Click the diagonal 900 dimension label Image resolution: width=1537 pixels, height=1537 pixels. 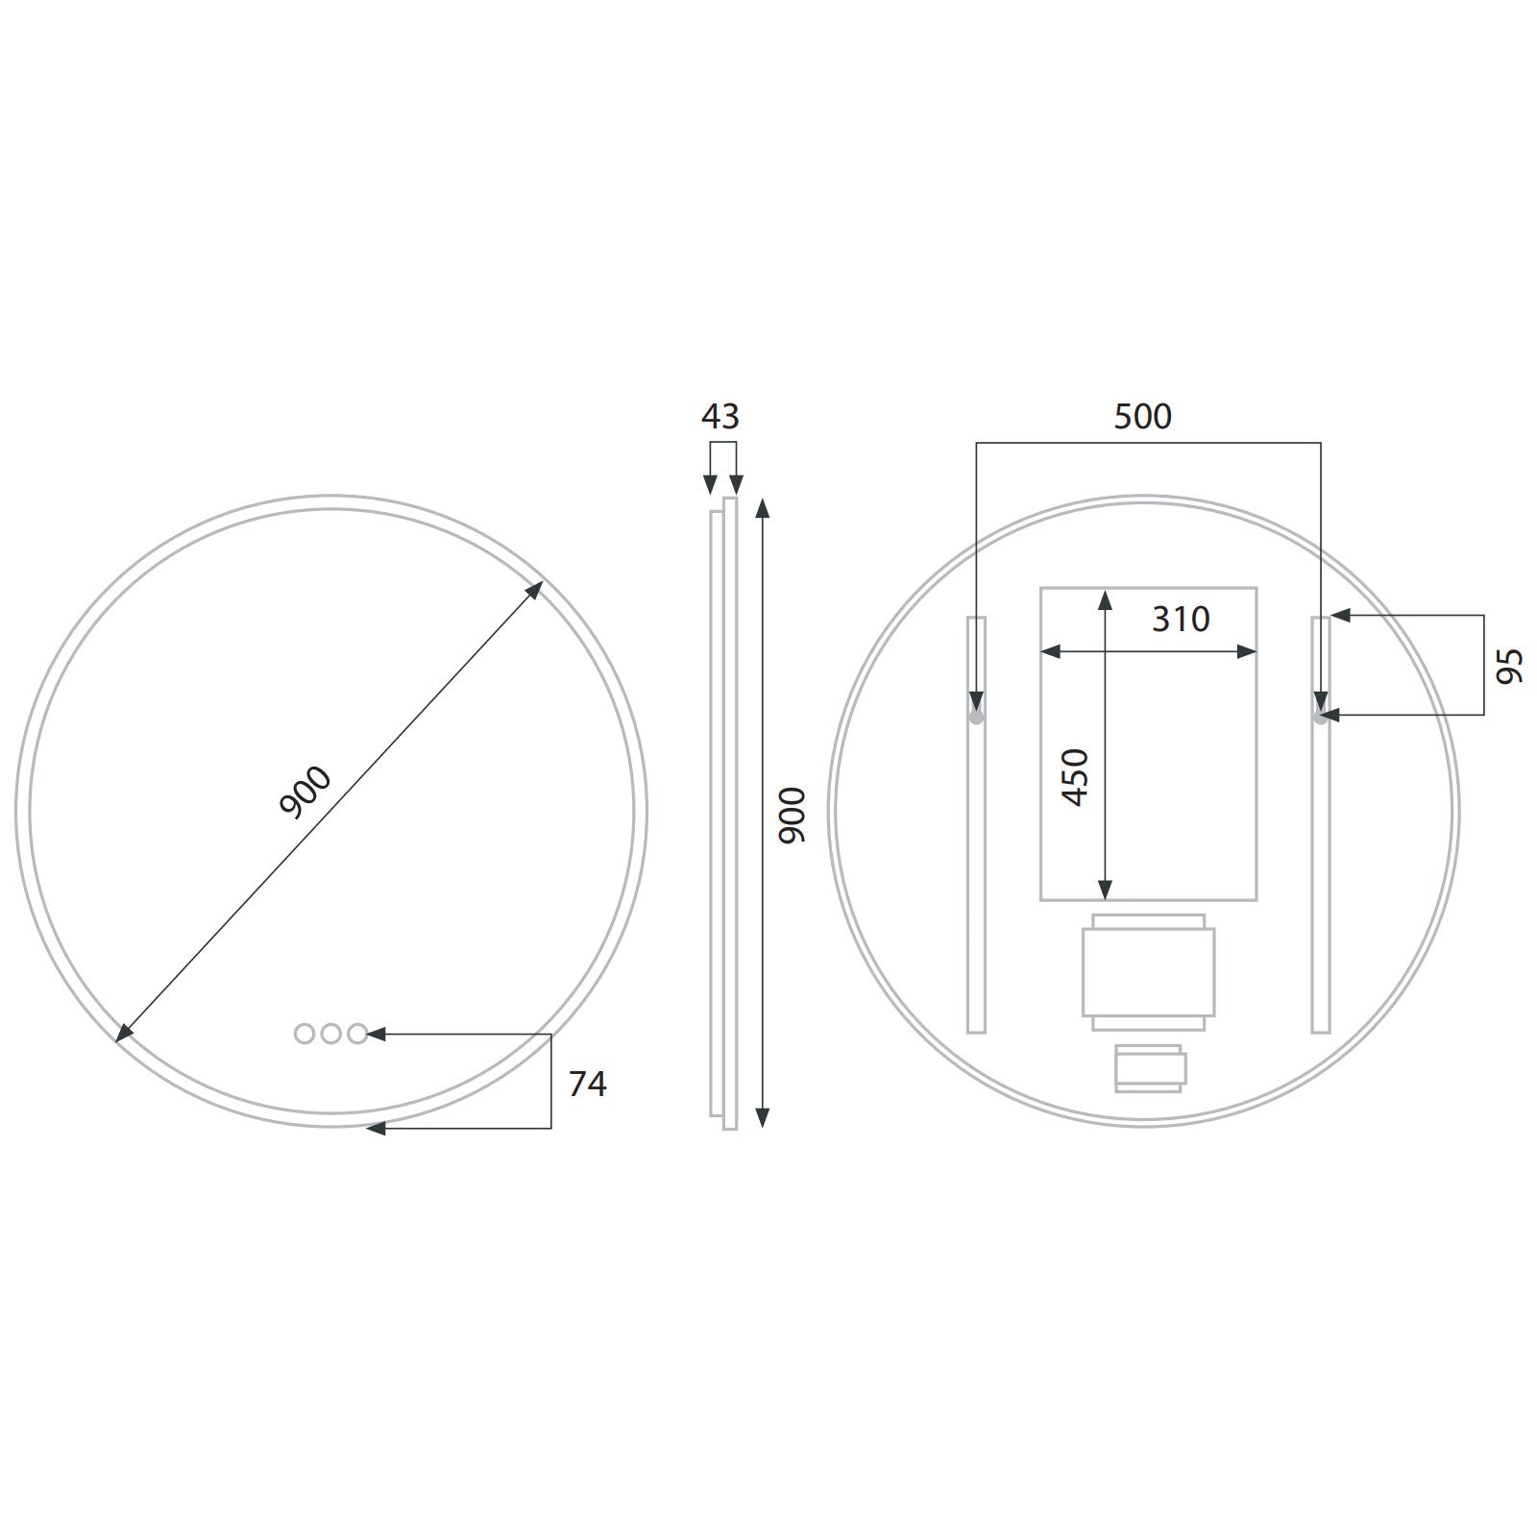(x=305, y=793)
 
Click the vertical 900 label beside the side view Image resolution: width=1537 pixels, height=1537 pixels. (x=792, y=815)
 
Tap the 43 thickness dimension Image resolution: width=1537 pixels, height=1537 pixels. (x=720, y=417)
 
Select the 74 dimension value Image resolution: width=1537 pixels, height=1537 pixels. (x=587, y=1084)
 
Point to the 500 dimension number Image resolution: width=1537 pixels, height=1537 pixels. (x=1142, y=417)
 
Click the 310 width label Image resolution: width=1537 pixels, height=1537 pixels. (x=1181, y=620)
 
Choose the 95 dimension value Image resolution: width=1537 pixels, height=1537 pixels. (x=1510, y=666)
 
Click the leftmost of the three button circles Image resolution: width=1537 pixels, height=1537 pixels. (x=305, y=1034)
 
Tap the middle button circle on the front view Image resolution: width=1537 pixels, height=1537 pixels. (x=331, y=1034)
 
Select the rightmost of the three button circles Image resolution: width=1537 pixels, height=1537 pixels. (x=357, y=1034)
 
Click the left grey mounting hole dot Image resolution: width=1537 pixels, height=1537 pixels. (x=976, y=717)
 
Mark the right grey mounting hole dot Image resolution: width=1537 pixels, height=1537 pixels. (x=1320, y=717)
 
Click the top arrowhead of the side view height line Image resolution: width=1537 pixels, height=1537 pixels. (x=762, y=507)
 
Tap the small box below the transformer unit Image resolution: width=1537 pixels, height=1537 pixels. (x=1149, y=1068)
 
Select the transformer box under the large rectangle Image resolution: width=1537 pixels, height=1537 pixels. (x=1148, y=971)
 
